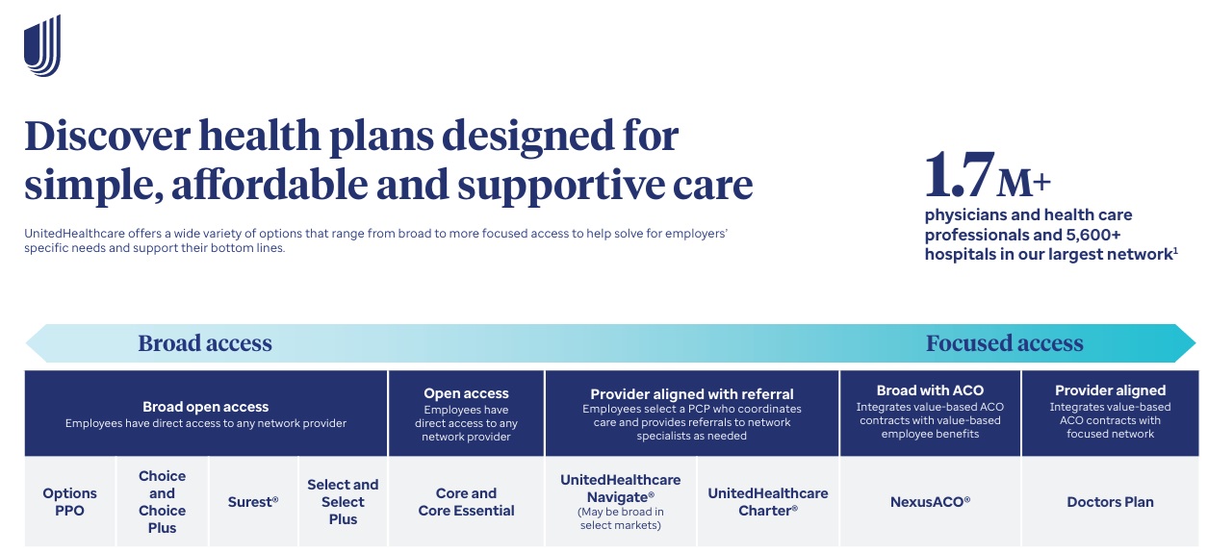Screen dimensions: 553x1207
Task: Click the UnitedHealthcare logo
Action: click(x=42, y=46)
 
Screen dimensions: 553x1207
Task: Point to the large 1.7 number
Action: click(x=959, y=174)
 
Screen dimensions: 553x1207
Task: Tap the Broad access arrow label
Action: click(x=205, y=343)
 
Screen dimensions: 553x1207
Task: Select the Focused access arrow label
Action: click(x=1004, y=343)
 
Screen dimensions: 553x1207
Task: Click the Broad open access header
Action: click(x=205, y=407)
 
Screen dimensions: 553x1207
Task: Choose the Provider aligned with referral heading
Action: click(x=691, y=393)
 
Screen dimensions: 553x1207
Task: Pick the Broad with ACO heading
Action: click(x=930, y=390)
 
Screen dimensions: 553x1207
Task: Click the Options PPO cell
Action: click(x=69, y=502)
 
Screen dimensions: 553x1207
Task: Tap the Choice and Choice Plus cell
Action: click(x=162, y=502)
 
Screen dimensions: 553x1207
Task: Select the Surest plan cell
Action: click(x=253, y=502)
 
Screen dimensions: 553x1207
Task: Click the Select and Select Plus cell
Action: click(x=343, y=502)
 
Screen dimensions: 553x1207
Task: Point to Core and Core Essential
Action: click(x=466, y=502)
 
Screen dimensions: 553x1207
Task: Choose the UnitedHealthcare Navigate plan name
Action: click(x=620, y=488)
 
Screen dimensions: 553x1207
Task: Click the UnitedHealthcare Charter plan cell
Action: click(x=767, y=502)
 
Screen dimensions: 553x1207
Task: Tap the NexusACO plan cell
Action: click(x=930, y=502)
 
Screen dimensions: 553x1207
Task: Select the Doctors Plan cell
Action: click(x=1110, y=502)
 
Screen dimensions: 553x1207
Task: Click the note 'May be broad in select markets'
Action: click(x=621, y=519)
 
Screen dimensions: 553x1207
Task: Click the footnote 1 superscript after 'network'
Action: click(x=1175, y=250)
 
